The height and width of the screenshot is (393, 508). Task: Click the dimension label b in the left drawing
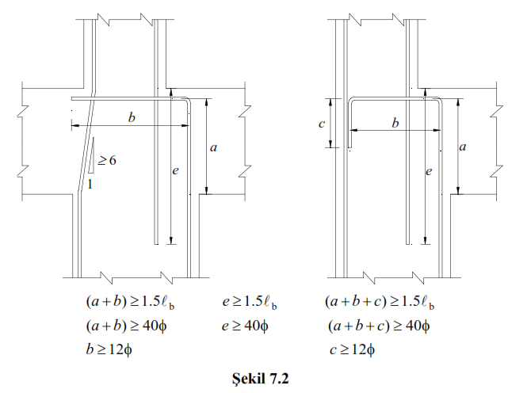tap(132, 117)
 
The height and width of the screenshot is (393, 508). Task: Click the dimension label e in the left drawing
tap(175, 170)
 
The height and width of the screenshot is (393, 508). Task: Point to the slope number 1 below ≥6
tap(91, 184)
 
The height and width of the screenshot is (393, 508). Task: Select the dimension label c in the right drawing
tap(320, 124)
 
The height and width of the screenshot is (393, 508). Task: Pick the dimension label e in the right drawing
tap(428, 170)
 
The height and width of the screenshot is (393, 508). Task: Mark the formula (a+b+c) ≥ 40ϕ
tap(376, 326)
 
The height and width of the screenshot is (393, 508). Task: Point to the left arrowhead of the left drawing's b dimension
tap(73, 125)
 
